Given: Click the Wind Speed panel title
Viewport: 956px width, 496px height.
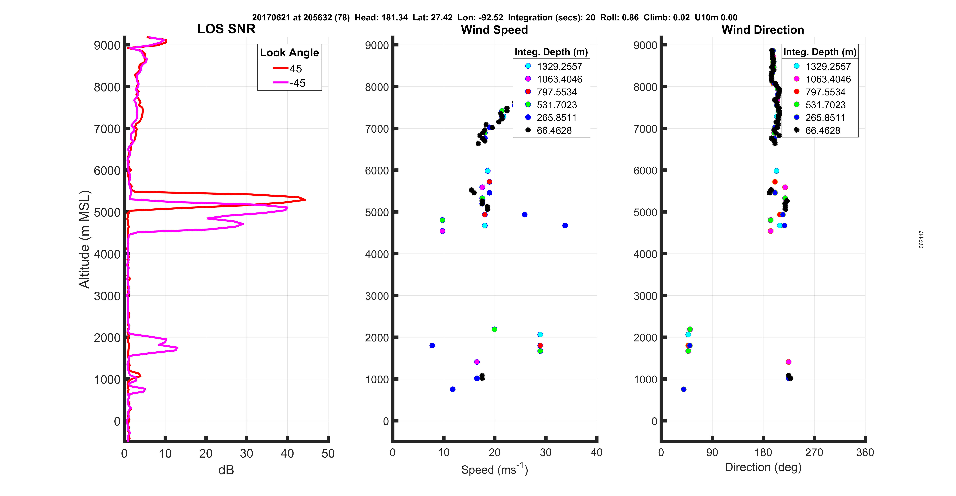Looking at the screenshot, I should click(x=494, y=30).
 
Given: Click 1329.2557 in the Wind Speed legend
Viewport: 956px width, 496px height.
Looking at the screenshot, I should click(x=559, y=67).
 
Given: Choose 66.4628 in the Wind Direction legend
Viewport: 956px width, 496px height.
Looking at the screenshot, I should click(x=822, y=130).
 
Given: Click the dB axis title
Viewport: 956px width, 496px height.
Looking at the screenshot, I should click(x=226, y=470).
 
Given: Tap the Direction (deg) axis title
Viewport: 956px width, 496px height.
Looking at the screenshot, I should click(x=763, y=467).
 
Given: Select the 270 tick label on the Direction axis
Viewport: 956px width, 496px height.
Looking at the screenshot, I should click(x=814, y=453).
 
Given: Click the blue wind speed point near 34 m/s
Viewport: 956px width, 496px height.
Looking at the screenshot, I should click(x=565, y=225).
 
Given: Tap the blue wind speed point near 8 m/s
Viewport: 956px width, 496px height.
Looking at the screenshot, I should click(x=432, y=345).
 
